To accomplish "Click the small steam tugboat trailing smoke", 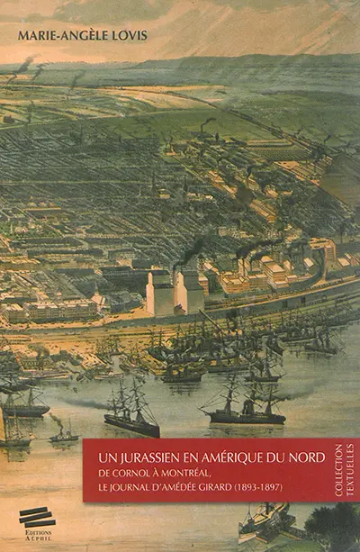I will [64, 434].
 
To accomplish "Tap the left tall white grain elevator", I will [160, 293].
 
